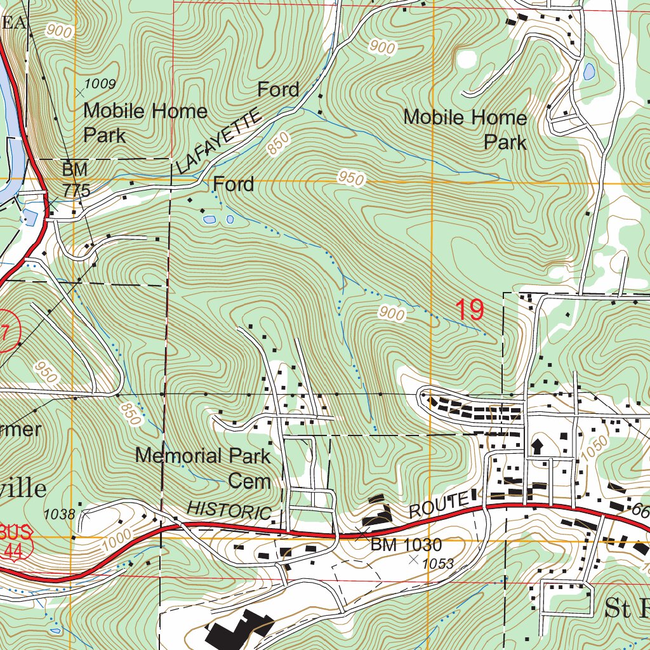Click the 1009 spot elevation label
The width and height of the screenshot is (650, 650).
100,84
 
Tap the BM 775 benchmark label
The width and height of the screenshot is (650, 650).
76,180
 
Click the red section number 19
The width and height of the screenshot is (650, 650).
470,310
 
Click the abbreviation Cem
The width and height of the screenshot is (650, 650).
249,481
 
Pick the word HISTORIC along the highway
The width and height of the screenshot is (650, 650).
230,510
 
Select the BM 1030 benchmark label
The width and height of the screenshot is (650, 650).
406,545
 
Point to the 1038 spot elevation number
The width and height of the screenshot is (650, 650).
61,515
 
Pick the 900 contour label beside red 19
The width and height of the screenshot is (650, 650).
392,313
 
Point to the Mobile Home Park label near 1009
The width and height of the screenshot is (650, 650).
145,123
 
